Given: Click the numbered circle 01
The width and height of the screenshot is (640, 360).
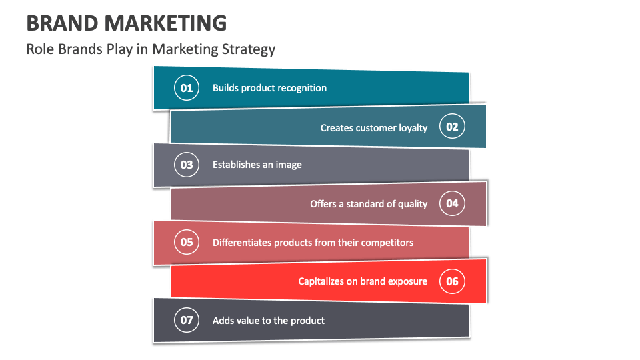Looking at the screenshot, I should pyautogui.click(x=187, y=88).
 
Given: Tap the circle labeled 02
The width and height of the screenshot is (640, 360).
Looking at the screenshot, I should pyautogui.click(x=452, y=127).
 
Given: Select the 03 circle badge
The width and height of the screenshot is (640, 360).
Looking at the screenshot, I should pyautogui.click(x=187, y=165).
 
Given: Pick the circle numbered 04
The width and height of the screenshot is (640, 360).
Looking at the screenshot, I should pyautogui.click(x=452, y=203).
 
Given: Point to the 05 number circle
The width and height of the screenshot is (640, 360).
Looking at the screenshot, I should pyautogui.click(x=187, y=242).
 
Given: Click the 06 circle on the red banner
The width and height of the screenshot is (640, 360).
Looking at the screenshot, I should pyautogui.click(x=452, y=281).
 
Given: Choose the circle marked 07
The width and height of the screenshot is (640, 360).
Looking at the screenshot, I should pyautogui.click(x=187, y=321).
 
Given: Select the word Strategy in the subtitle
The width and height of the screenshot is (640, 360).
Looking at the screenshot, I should pyautogui.click(x=251, y=49).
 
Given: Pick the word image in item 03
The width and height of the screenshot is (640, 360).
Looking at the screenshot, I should pyautogui.click(x=289, y=165).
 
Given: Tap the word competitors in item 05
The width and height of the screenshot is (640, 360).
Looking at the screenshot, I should pyautogui.click(x=387, y=243).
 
